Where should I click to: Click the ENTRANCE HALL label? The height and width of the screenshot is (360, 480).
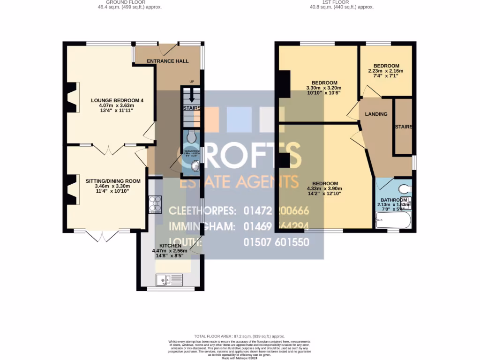click(167, 61)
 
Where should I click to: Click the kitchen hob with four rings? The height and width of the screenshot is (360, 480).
click(155, 204)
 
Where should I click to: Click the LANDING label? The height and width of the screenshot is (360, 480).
click(376, 114)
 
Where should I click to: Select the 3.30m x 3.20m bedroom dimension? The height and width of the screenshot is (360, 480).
click(323, 88)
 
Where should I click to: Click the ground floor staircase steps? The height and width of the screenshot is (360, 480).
click(191, 98)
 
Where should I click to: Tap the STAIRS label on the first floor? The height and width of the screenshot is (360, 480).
click(403, 127)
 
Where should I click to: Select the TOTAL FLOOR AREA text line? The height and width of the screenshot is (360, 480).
click(240, 337)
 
